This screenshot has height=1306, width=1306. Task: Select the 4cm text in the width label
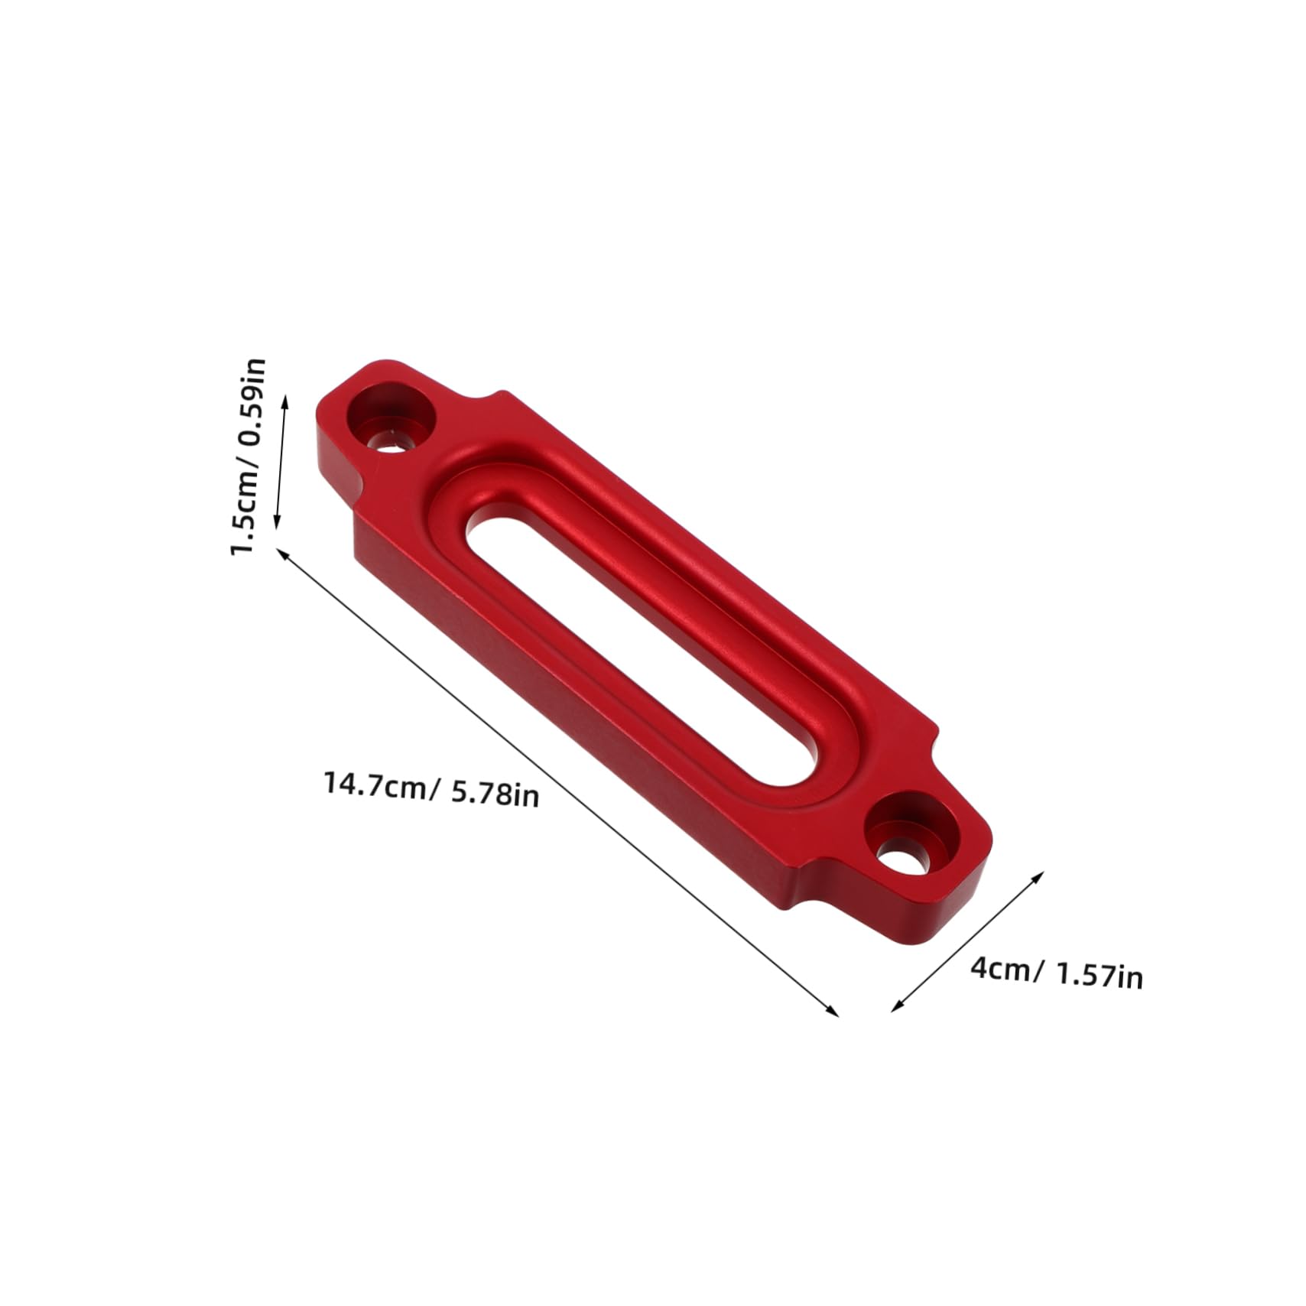coord(999,969)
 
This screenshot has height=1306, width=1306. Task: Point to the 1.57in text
coord(1099,976)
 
